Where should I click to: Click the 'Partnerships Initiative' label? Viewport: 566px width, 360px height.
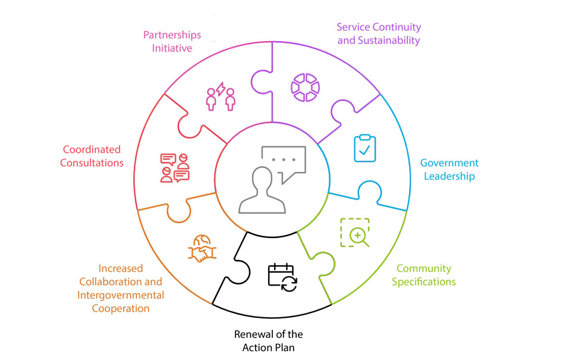click(x=172, y=41)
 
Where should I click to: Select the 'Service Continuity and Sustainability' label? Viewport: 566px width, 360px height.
click(x=379, y=34)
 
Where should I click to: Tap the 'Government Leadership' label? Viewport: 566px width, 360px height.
click(x=449, y=170)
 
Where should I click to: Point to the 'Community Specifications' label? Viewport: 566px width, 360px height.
click(x=424, y=275)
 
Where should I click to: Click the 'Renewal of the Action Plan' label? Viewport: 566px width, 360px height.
click(x=268, y=340)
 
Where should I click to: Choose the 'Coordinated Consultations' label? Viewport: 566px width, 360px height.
click(x=92, y=156)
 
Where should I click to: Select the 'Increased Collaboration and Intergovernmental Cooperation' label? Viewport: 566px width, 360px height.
click(x=121, y=289)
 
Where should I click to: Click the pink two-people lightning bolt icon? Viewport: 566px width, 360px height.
click(x=221, y=97)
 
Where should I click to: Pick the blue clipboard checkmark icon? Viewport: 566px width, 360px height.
click(x=364, y=148)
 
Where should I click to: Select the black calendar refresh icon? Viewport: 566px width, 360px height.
click(x=282, y=277)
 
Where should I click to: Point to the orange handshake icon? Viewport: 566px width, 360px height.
click(x=202, y=248)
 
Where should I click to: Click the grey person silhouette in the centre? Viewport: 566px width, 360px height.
click(x=262, y=190)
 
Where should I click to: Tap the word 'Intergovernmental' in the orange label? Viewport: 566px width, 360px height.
click(x=121, y=295)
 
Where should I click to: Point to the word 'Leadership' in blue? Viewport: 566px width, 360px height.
click(x=449, y=176)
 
